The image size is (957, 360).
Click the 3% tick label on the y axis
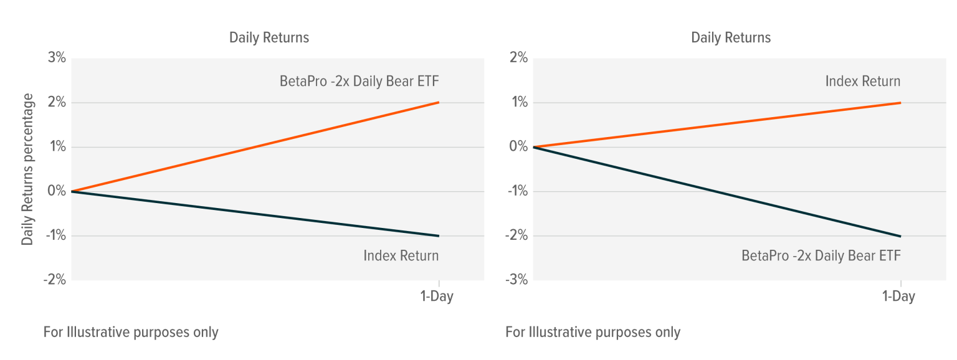pyautogui.click(x=55, y=58)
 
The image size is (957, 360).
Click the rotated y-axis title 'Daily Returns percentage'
pyautogui.click(x=27, y=169)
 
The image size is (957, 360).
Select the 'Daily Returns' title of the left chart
pyautogui.click(x=269, y=37)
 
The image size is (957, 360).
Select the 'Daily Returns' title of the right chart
pyautogui.click(x=730, y=37)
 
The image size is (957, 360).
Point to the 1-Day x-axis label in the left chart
pyautogui.click(x=437, y=296)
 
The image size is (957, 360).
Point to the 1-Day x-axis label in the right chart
pyautogui.click(x=898, y=296)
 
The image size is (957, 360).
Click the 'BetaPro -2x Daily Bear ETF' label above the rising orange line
pyautogui.click(x=364, y=81)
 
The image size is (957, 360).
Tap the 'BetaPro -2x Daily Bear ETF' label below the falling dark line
pyautogui.click(x=821, y=255)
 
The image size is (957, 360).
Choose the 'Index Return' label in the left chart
pyautogui.click(x=401, y=255)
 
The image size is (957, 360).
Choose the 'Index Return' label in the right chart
pyautogui.click(x=862, y=81)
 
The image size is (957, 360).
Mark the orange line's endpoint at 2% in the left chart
pyautogui.click(x=439, y=102)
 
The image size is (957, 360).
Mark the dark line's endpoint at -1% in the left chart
pyautogui.click(x=439, y=235)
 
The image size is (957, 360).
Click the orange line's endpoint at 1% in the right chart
pyautogui.click(x=901, y=103)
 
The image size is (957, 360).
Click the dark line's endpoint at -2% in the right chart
pyautogui.click(x=901, y=236)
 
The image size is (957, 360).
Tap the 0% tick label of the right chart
pyautogui.click(x=518, y=147)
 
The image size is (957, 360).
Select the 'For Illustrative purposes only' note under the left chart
pyautogui.click(x=131, y=332)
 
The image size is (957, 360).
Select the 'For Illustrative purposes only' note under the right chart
pyautogui.click(x=593, y=332)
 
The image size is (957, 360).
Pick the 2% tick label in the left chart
pyautogui.click(x=55, y=103)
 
